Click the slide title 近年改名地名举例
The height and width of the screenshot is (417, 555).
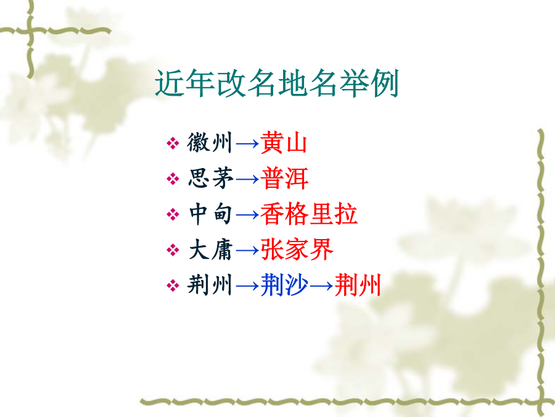click(x=277, y=83)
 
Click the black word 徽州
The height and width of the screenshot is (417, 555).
click(x=210, y=143)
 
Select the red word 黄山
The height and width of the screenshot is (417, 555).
click(x=284, y=143)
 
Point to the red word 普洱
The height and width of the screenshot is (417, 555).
click(x=284, y=178)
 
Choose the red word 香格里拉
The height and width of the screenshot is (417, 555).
click(x=309, y=214)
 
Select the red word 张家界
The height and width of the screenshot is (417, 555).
click(x=297, y=250)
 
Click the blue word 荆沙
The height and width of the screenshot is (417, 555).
click(x=284, y=285)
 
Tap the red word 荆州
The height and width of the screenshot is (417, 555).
click(x=358, y=285)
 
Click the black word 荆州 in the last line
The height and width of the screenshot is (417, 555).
click(x=210, y=285)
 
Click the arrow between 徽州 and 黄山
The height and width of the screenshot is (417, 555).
click(x=247, y=143)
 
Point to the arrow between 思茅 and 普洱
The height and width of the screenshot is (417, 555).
click(x=247, y=179)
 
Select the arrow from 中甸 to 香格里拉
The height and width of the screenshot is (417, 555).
click(x=247, y=215)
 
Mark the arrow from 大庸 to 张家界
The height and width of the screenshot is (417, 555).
click(x=247, y=250)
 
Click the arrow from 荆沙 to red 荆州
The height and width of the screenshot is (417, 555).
click(x=321, y=286)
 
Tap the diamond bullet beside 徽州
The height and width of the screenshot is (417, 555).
click(x=173, y=143)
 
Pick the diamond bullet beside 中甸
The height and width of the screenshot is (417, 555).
click(x=173, y=214)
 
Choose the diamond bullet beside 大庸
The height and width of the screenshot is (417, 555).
click(x=173, y=250)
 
